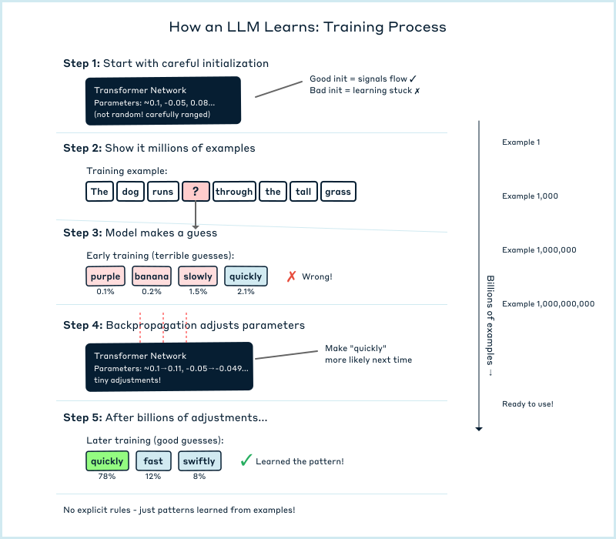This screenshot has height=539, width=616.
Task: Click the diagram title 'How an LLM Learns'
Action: coord(307,27)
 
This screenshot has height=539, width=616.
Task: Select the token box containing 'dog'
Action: coord(131,192)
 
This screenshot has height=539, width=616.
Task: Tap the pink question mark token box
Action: coord(196,192)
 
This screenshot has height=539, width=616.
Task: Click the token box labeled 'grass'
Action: coord(338,192)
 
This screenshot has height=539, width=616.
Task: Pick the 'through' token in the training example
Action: coord(234,192)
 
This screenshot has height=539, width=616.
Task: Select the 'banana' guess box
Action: coord(151,276)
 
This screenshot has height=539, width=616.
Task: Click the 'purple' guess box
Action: coord(105,276)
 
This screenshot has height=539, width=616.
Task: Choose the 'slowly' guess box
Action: coord(198,276)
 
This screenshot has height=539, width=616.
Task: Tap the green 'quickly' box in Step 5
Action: coord(107,461)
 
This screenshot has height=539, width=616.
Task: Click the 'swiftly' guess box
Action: coord(199,461)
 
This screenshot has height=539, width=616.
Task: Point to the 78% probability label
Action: coord(107,477)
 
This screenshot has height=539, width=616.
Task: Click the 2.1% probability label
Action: coord(246,292)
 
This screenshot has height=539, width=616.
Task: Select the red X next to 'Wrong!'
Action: coord(291,276)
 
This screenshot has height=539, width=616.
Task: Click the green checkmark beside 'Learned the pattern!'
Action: coord(246,460)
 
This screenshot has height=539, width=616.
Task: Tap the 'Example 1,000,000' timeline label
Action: coord(539,250)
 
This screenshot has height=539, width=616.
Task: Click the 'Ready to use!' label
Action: coord(527,404)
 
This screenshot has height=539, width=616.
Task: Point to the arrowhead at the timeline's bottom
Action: coord(479,428)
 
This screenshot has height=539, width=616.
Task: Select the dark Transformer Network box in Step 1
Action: coord(164,101)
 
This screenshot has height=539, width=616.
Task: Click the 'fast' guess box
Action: coord(153,461)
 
